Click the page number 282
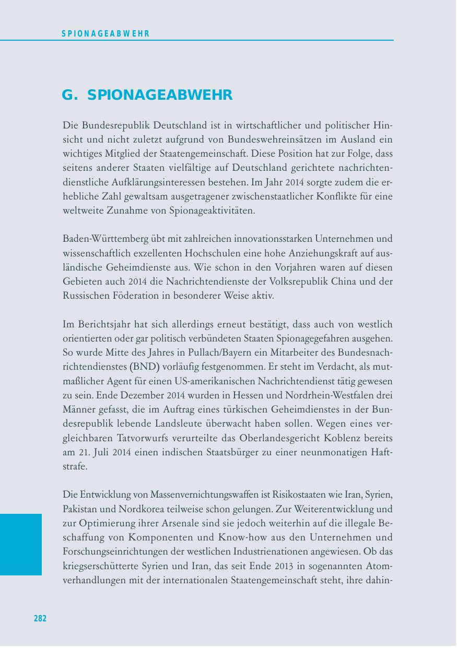point(40,619)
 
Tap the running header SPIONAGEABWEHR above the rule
point(106,34)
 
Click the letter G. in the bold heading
point(69,96)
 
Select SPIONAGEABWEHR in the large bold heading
point(160,96)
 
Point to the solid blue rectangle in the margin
point(21,544)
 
